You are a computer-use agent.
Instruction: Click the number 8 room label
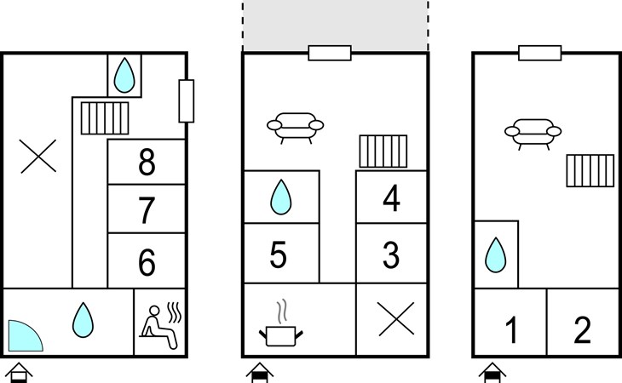pyautogui.click(x=147, y=163)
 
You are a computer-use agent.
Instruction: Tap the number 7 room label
pyautogui.click(x=147, y=209)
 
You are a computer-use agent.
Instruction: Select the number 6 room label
pyautogui.click(x=147, y=263)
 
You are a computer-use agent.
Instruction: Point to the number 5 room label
pyautogui.click(x=279, y=254)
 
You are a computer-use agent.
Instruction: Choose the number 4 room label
pyautogui.click(x=391, y=199)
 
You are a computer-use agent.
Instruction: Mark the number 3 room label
pyautogui.click(x=391, y=254)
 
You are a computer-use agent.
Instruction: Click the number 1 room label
pyautogui.click(x=511, y=330)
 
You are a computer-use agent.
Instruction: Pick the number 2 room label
pyautogui.click(x=583, y=330)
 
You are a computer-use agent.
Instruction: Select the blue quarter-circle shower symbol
pyautogui.click(x=24, y=335)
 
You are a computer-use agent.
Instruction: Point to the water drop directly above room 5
pyautogui.click(x=280, y=198)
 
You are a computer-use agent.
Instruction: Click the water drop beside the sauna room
pyautogui.click(x=83, y=318)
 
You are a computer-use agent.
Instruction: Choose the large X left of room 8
pyautogui.click(x=37, y=157)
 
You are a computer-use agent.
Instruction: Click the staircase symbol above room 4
pyautogui.click(x=383, y=151)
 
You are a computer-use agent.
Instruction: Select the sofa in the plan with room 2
pyautogui.click(x=533, y=132)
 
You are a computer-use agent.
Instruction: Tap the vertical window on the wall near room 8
pyautogui.click(x=187, y=100)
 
